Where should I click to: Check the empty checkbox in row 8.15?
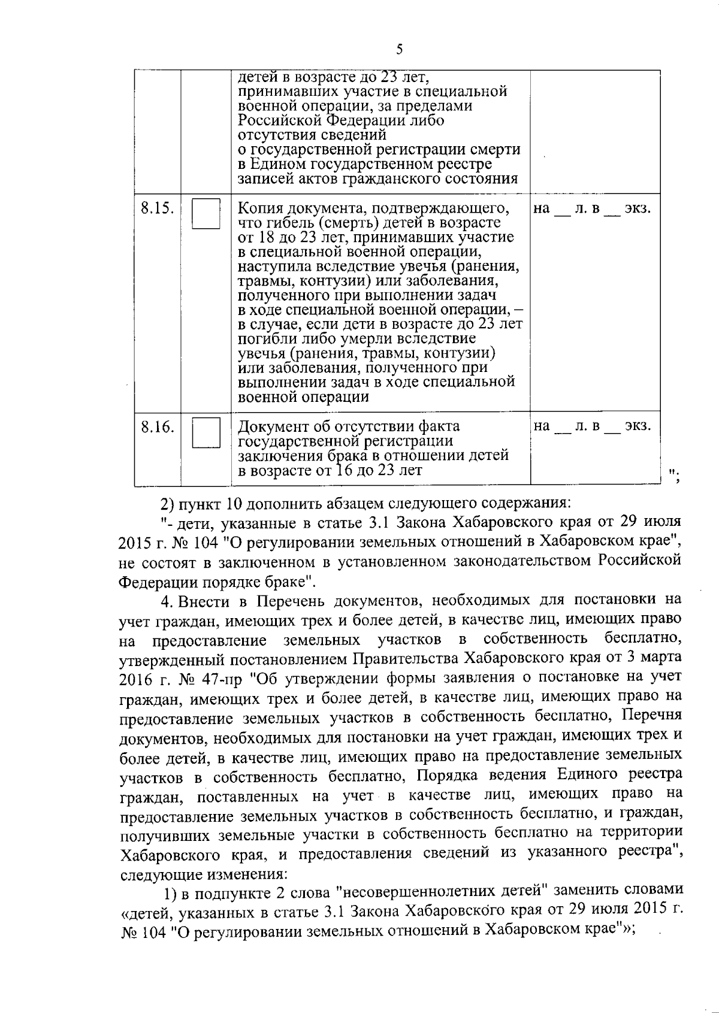click(206, 214)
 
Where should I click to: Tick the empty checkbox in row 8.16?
click(206, 432)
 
